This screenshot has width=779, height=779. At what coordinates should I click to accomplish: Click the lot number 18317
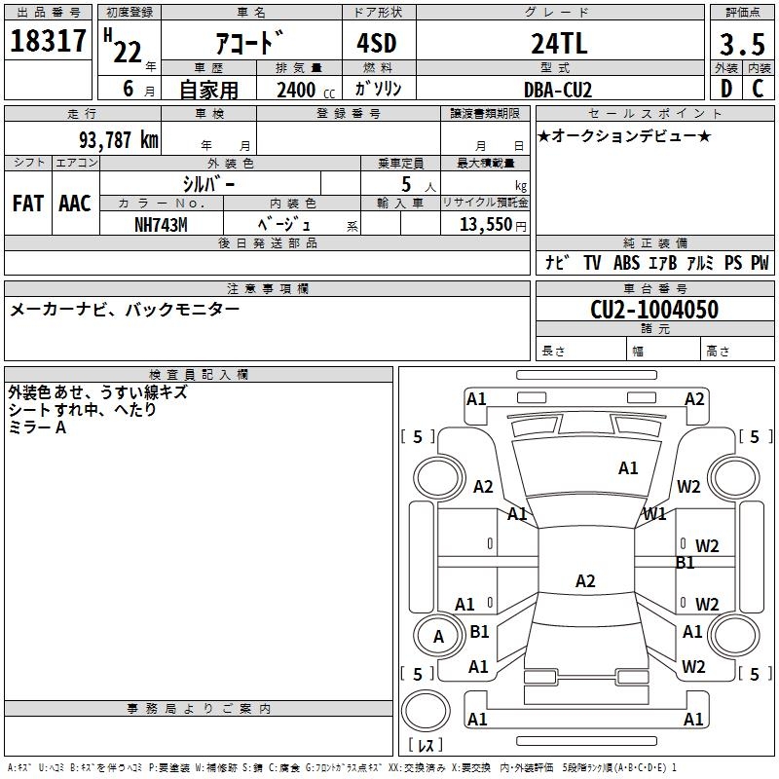48,41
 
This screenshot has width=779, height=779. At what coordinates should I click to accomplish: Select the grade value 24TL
559,43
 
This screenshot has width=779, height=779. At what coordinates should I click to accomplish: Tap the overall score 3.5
742,44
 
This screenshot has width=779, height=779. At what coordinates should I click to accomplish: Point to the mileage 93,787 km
119,139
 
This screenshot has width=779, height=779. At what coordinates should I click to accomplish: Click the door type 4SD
377,43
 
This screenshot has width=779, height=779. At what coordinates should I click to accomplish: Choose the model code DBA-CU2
558,90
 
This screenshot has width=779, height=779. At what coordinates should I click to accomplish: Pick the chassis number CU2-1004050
654,309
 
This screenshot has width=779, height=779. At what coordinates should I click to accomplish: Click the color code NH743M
161,225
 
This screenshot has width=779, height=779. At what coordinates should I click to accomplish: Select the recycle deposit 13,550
486,224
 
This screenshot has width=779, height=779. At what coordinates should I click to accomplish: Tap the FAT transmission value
28,204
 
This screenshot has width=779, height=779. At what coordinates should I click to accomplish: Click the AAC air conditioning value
75,204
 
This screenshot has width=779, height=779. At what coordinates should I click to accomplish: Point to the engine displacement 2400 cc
306,90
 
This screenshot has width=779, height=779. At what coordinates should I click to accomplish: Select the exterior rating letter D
726,89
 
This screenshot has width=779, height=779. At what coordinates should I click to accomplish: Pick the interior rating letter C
758,89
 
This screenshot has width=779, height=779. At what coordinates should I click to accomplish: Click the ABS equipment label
626,263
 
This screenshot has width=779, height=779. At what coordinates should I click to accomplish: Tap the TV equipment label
592,263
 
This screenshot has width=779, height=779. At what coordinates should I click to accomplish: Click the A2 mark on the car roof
585,580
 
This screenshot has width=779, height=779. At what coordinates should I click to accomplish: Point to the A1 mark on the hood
628,468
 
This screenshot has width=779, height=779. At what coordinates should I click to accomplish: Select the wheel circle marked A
438,637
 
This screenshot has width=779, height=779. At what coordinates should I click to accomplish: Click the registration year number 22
128,52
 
